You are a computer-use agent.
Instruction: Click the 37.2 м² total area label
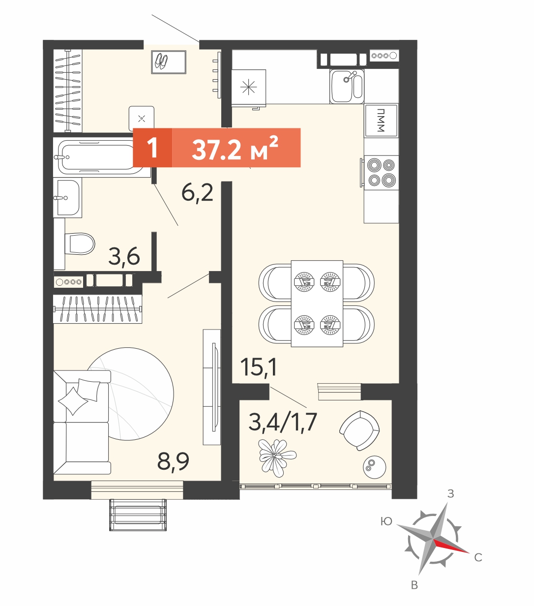(235, 148)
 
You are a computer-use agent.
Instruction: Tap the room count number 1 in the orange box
(153, 148)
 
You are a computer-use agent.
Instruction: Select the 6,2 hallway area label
(197, 193)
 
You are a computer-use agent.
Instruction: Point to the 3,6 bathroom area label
(124, 256)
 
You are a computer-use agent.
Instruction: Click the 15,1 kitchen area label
(259, 367)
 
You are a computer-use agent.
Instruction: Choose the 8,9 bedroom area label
(174, 461)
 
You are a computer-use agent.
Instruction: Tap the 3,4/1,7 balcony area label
(283, 423)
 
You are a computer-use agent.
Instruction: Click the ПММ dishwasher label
(381, 120)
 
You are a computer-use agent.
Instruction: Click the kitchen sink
(347, 86)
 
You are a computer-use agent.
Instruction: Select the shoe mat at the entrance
(169, 62)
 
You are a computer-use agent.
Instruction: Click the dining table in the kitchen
(317, 303)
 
